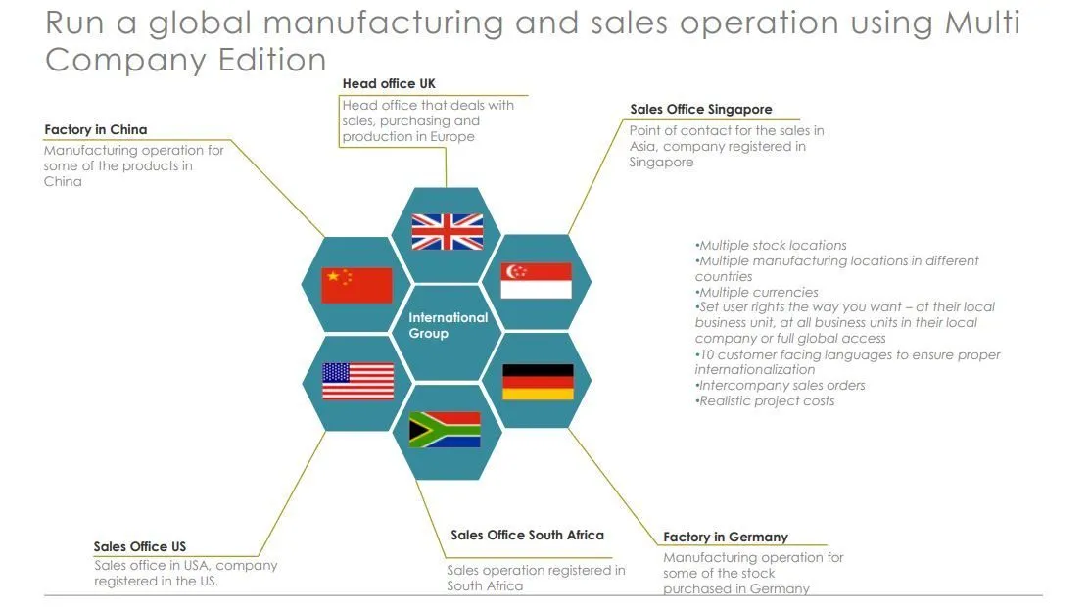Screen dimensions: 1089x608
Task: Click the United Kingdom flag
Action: pos(447,232)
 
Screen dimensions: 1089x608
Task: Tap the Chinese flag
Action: pos(356,285)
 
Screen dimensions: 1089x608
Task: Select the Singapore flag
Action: pos(536,281)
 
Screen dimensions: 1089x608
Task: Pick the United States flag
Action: pos(357,381)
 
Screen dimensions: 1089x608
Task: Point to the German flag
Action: pos(538,382)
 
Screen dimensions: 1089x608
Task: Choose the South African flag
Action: pos(445,430)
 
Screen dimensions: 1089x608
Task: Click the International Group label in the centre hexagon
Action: pos(448,325)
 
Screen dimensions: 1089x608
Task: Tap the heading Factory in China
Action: pos(96,130)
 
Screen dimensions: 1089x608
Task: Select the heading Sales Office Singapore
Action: pos(700,110)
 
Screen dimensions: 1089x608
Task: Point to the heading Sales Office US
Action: pos(140,547)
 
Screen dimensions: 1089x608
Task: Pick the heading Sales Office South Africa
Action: pos(527,536)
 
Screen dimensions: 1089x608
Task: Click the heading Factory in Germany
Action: pos(725,538)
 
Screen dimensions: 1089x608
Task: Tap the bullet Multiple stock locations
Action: pos(772,246)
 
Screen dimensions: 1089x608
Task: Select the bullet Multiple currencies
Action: pos(757,293)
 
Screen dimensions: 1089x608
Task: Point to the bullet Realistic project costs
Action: pos(766,401)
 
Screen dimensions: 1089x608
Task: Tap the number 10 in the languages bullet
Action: pos(708,354)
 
